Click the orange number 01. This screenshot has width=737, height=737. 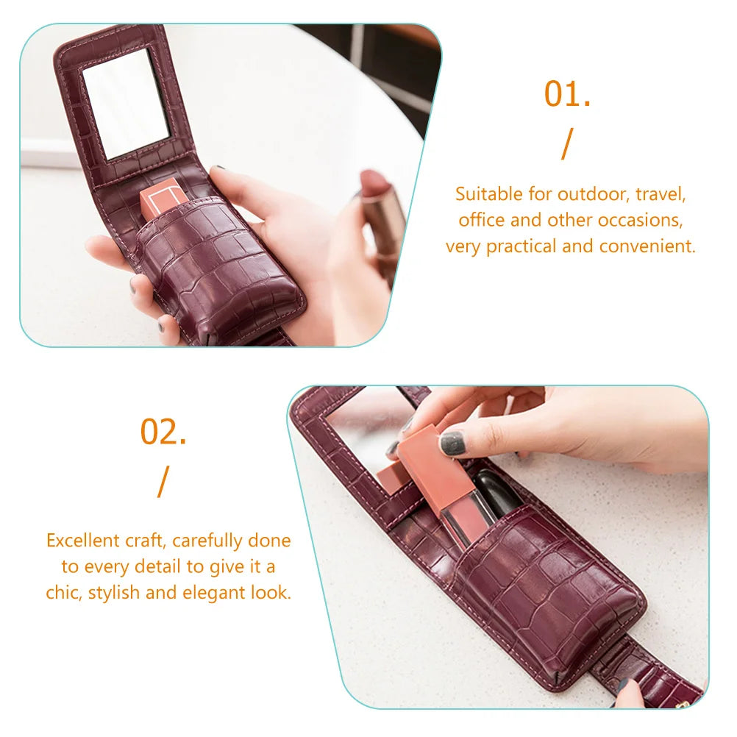coord(567,94)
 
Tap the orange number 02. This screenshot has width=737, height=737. coord(163,432)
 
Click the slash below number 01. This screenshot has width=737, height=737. coord(567,144)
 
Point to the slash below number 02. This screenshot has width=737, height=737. coord(163,482)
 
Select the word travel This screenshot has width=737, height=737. coord(661,193)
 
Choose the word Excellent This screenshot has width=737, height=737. coord(76,540)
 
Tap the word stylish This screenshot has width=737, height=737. coord(114,593)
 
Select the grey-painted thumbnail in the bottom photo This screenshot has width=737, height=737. coord(452,444)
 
